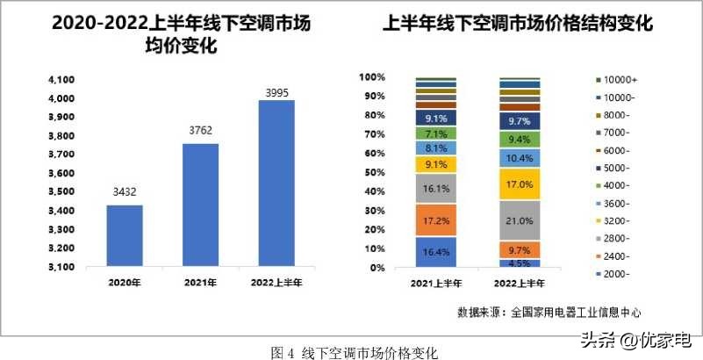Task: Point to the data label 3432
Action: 124,192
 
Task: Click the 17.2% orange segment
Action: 436,220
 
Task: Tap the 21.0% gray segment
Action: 519,220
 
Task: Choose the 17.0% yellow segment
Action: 519,184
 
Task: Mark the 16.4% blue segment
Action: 436,251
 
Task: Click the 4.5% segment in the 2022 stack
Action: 519,263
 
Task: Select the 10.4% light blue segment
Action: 519,158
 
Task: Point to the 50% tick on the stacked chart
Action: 373,172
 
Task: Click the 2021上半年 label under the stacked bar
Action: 437,283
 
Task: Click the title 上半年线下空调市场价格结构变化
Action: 519,25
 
